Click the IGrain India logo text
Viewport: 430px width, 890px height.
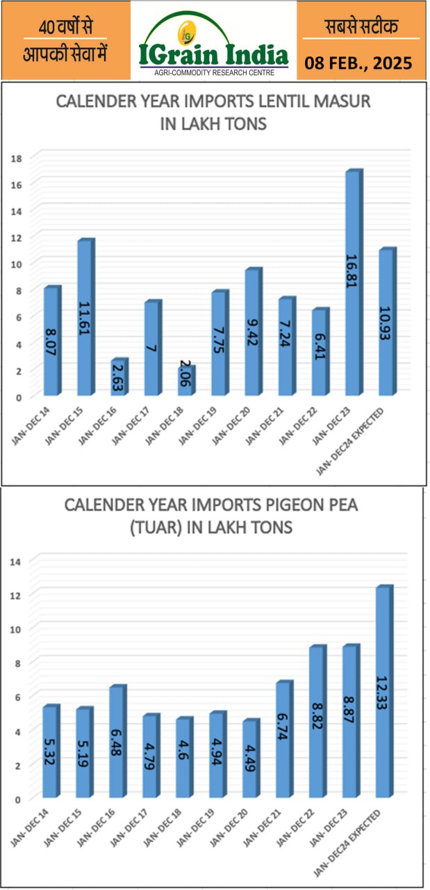click(213, 54)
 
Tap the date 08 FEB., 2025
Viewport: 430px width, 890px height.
click(358, 64)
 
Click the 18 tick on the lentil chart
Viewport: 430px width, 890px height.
click(17, 158)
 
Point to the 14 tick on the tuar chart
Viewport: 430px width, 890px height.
click(17, 560)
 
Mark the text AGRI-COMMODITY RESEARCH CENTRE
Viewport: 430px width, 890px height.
click(213, 72)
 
